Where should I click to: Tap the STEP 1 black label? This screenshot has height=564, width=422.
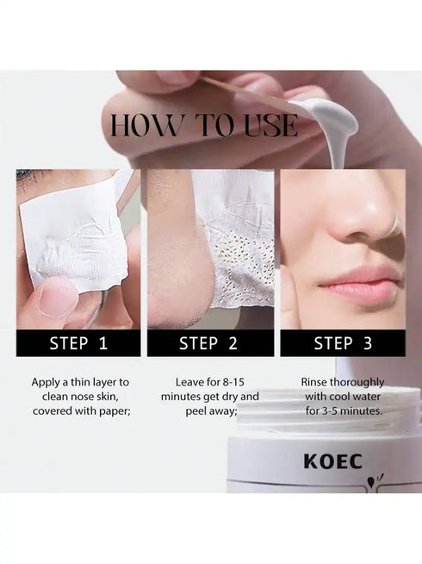tap(78, 343)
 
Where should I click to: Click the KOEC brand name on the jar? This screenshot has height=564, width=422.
tap(332, 461)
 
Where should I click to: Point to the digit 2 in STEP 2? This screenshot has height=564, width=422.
tap(233, 343)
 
